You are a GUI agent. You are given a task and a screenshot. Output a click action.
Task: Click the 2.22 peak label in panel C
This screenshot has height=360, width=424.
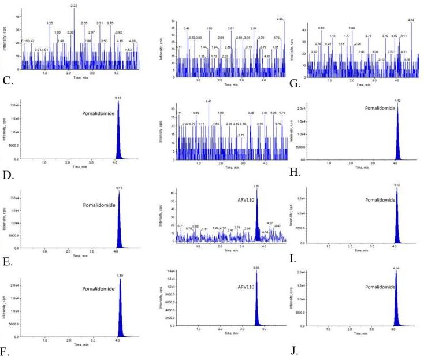[x=74, y=5]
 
